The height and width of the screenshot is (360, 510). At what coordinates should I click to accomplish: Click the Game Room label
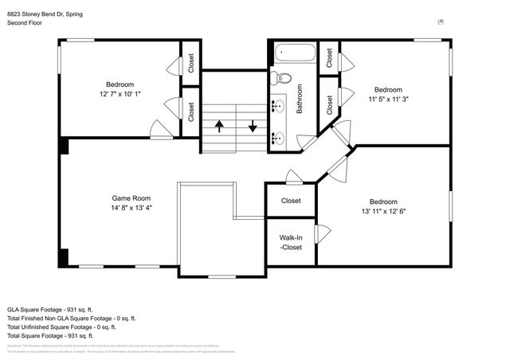point(131,198)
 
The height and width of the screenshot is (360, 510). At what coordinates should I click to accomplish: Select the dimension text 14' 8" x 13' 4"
point(131,208)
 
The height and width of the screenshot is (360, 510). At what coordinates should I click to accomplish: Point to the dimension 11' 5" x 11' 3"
point(388,100)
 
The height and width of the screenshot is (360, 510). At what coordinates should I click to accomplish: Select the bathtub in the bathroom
point(295,55)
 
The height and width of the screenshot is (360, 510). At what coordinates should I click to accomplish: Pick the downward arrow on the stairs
point(253,126)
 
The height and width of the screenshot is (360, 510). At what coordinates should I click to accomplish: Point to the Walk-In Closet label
point(290,243)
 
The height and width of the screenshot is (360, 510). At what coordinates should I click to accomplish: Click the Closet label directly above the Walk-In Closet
point(290,201)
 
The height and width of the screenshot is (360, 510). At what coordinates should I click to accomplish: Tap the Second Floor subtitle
point(25,24)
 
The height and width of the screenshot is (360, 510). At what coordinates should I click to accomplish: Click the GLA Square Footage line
point(49,308)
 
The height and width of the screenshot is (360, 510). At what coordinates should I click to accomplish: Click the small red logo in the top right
point(441,22)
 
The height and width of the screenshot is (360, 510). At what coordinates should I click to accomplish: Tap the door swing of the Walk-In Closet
point(324,234)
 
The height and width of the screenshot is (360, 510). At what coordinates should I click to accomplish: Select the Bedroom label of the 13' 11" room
point(387,201)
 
